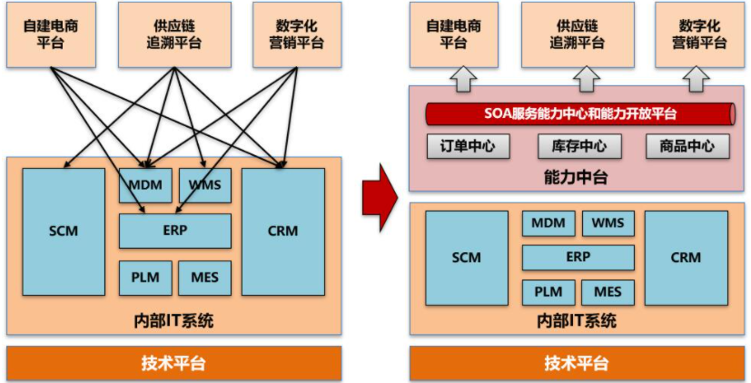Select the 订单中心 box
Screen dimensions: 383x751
(468, 146)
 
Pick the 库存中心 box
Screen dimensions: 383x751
(578, 146)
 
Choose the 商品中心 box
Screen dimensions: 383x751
(687, 146)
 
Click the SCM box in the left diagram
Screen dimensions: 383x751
(64, 231)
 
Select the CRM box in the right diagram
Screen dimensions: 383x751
(686, 257)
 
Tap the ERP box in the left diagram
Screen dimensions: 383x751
(175, 231)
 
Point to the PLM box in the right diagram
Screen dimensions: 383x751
(548, 292)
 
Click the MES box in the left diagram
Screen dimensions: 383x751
(204, 278)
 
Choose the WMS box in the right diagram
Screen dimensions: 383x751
(608, 223)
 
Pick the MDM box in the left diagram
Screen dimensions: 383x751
(145, 185)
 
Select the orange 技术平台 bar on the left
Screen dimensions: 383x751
(174, 363)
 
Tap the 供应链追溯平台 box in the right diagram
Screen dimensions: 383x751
(578, 34)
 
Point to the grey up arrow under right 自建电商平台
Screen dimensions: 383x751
(462, 79)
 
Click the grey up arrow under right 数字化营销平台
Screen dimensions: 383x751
(697, 79)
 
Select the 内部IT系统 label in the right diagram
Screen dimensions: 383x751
(578, 320)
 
